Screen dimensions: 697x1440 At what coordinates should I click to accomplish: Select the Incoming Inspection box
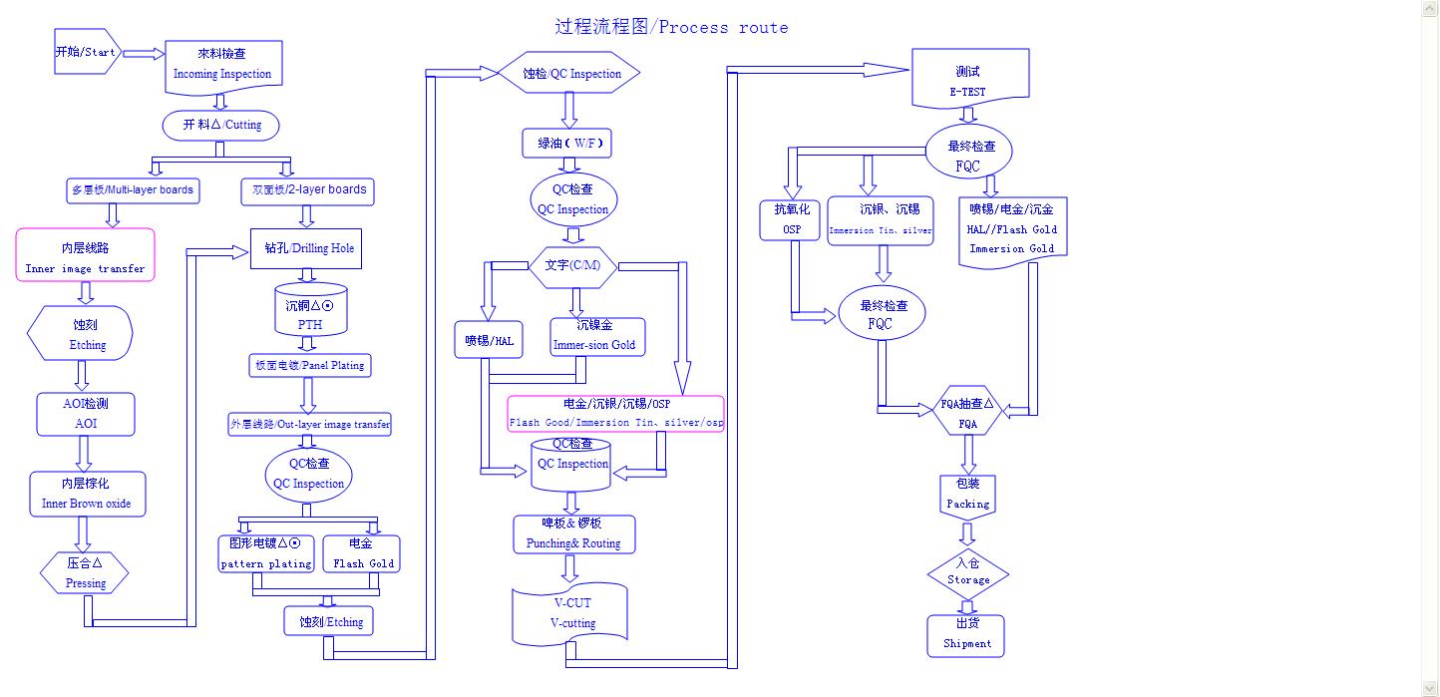222,64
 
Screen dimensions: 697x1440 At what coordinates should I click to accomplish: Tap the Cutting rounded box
220,126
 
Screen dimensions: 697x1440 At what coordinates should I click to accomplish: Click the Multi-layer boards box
133,189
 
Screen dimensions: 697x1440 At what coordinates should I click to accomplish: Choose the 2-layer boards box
308,190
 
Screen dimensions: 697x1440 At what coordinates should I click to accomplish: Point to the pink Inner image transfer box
86,255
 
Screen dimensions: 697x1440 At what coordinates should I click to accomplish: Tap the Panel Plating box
308,365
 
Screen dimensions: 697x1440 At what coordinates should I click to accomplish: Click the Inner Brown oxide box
87,494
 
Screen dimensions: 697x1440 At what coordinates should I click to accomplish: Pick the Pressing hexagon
86,572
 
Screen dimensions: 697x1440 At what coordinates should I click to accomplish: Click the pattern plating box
266,553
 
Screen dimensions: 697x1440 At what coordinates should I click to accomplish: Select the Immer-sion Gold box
597,336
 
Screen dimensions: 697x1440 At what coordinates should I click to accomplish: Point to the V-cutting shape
571,613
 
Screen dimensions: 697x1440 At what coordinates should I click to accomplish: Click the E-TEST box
969,80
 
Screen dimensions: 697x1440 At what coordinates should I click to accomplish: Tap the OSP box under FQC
793,219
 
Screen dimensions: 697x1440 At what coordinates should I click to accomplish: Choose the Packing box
967,494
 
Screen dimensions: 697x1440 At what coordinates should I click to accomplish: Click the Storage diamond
967,572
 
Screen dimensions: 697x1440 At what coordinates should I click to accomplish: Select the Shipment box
966,635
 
